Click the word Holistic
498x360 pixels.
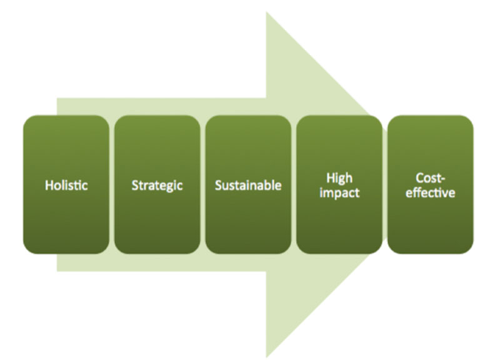(x=66, y=186)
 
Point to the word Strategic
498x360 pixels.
(x=157, y=186)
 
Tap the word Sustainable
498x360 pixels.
(x=248, y=186)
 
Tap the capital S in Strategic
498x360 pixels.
(x=135, y=186)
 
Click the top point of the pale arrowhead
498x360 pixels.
(x=267, y=12)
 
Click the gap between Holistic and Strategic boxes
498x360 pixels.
(x=111, y=184)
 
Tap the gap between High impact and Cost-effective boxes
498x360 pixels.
(x=385, y=184)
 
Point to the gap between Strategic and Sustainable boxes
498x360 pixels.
(x=202, y=184)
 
